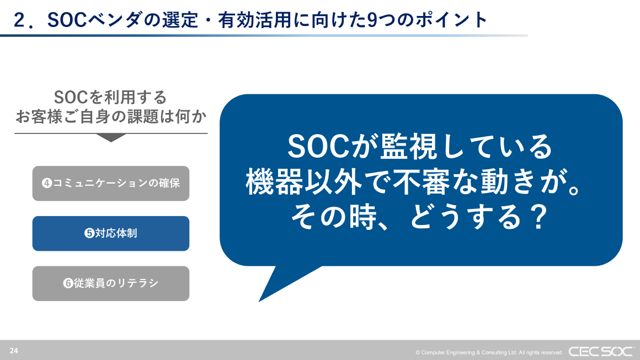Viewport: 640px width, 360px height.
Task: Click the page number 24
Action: pos(14,351)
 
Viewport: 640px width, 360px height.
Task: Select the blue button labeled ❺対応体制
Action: pos(111,233)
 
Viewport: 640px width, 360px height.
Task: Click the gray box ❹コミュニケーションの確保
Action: pos(111,183)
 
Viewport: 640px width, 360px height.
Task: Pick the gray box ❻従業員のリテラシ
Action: pos(111,283)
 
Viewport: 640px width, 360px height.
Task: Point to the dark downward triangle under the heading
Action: pos(111,138)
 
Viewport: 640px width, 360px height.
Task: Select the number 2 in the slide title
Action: pos(20,20)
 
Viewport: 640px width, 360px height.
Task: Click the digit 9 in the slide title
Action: pos(372,20)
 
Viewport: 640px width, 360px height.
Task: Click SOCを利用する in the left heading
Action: pos(111,98)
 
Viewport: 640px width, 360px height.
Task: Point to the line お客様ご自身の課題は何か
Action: pos(111,116)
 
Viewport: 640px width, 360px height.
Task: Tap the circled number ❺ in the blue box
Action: pos(89,234)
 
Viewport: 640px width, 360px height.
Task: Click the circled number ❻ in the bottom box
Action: pos(68,284)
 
